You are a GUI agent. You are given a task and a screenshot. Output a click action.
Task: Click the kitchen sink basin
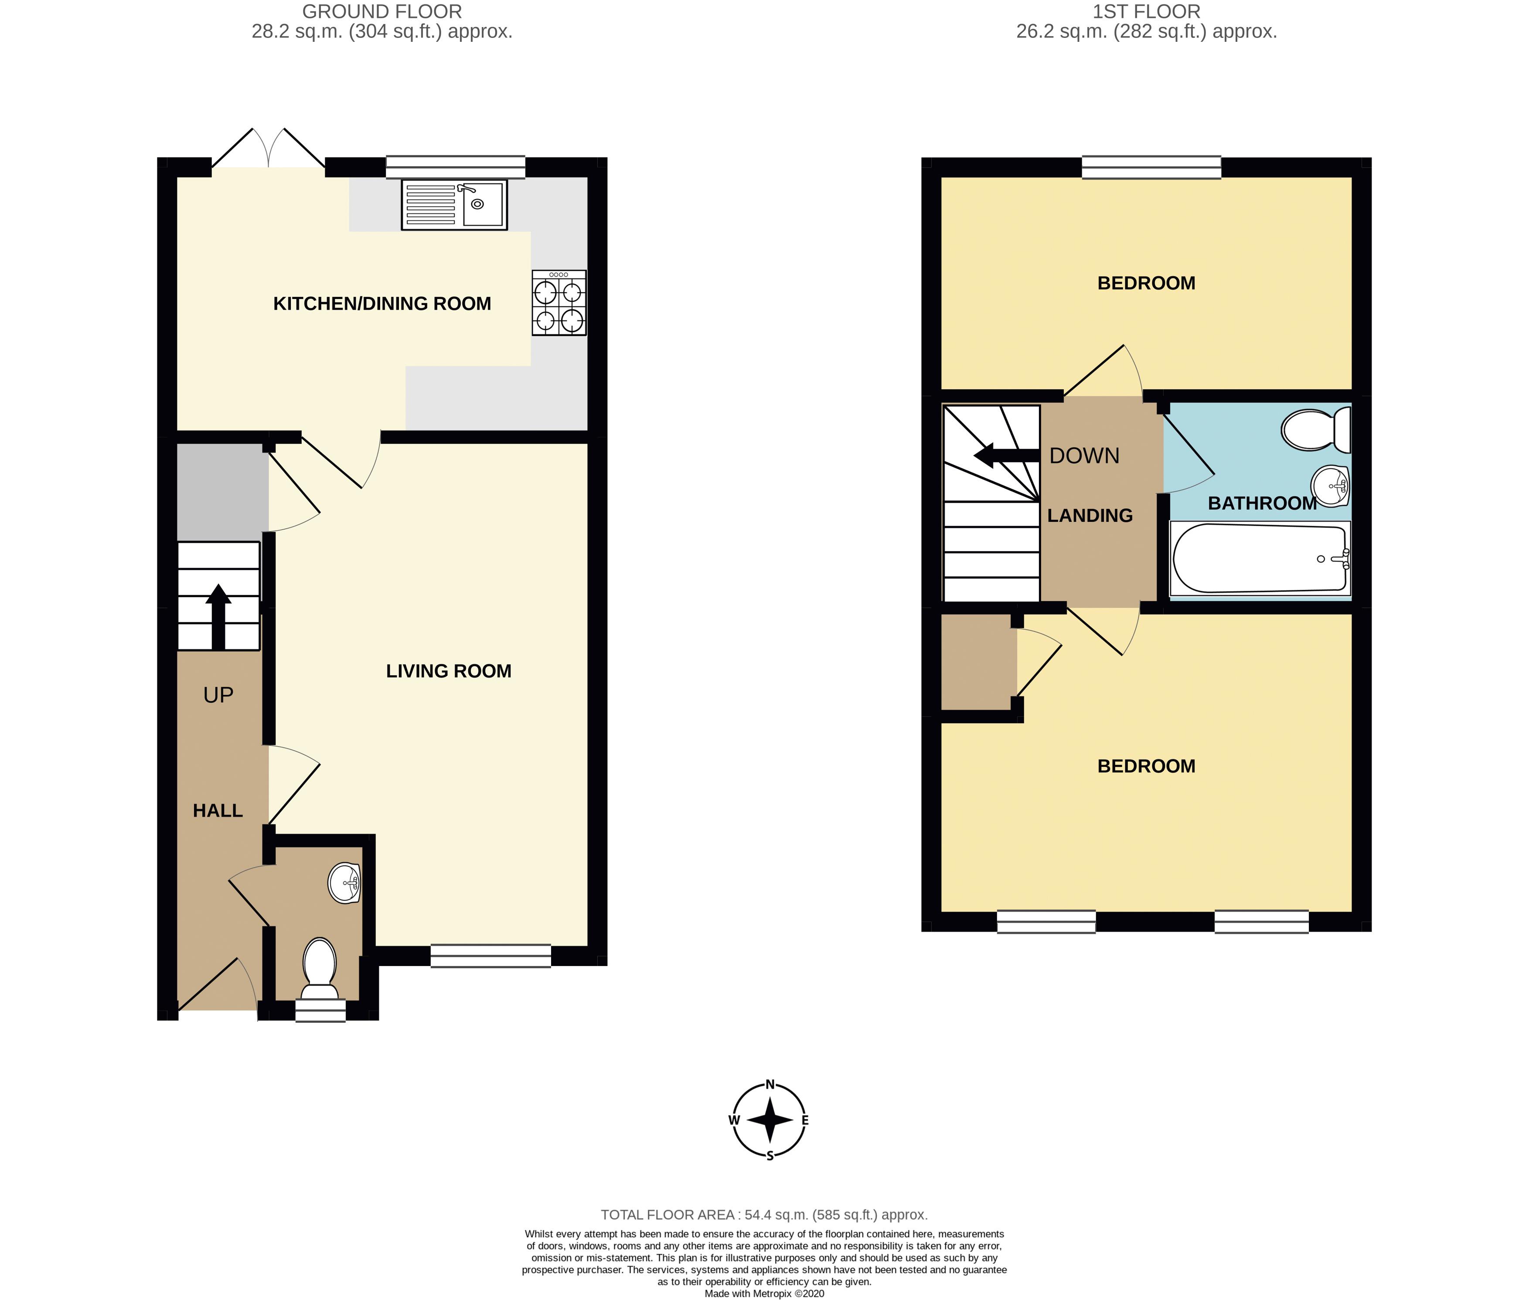483,204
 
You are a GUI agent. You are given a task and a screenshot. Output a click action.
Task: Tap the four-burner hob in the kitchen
559,303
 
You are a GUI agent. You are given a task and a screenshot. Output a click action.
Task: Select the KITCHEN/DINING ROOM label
381,303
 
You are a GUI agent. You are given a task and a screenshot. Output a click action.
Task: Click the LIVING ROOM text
449,670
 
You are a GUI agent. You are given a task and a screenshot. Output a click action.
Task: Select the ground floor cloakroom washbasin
344,883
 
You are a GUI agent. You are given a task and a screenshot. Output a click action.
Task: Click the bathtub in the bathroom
1260,558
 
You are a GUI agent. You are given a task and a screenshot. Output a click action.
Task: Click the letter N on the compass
770,1084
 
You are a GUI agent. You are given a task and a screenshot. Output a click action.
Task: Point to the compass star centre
770,1120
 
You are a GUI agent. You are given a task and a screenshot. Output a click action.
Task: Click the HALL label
218,811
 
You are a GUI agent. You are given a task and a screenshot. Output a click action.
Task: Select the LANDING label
1090,516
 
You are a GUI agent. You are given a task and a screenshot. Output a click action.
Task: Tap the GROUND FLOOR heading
381,12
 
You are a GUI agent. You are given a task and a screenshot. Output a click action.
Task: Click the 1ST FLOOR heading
1146,12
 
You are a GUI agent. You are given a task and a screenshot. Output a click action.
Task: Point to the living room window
491,956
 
